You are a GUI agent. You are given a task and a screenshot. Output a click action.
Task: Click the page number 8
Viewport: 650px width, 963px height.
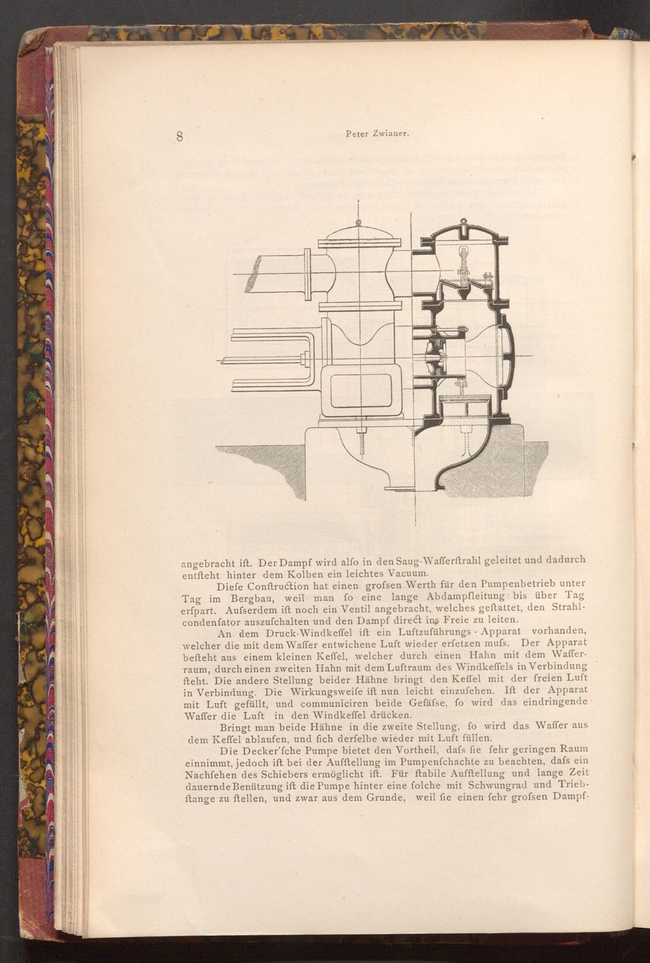(179, 136)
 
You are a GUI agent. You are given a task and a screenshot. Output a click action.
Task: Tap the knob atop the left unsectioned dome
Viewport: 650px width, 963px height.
(358, 222)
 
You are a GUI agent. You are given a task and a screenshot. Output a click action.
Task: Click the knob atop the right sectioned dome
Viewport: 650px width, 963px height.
(463, 222)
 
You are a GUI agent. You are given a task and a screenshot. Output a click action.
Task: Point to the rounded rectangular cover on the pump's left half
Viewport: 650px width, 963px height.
(361, 391)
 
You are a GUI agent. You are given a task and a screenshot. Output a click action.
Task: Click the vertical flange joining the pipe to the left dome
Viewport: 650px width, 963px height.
(307, 274)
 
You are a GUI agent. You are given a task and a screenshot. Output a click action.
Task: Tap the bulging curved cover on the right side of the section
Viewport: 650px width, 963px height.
(507, 355)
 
